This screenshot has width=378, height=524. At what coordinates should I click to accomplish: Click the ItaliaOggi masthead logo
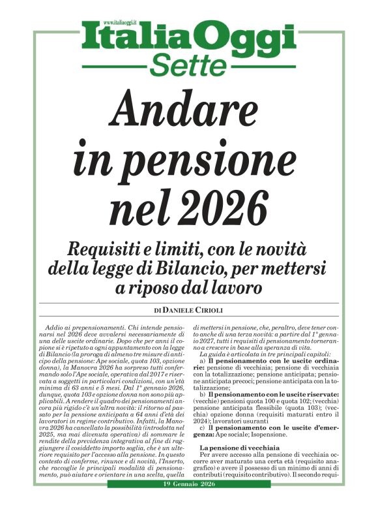click(189, 38)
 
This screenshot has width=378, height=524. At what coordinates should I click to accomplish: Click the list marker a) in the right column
click(203, 361)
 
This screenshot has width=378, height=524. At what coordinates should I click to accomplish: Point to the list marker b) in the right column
click(203, 395)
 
